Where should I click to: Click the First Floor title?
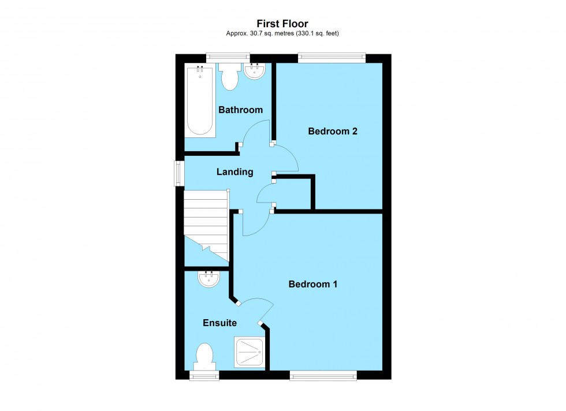(282, 24)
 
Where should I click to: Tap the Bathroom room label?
(240, 110)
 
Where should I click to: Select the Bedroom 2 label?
(333, 131)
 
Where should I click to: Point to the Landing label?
(234, 171)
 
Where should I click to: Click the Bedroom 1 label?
(313, 284)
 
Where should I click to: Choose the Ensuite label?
(219, 323)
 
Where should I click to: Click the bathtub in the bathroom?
(200, 102)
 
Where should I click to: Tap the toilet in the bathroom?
(230, 76)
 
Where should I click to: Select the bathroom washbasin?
(254, 72)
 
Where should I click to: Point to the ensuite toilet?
(204, 356)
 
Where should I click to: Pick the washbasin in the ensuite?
(208, 279)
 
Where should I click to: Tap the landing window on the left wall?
(179, 173)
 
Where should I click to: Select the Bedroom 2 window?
(332, 57)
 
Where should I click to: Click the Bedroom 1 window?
(323, 375)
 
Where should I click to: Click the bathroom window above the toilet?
(228, 57)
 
